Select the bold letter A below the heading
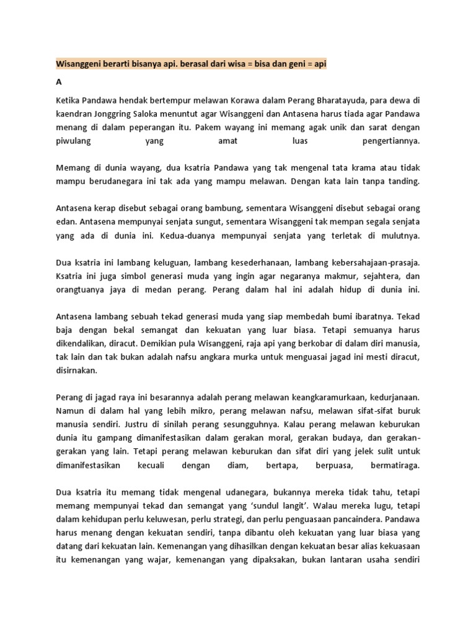pos(59,81)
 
